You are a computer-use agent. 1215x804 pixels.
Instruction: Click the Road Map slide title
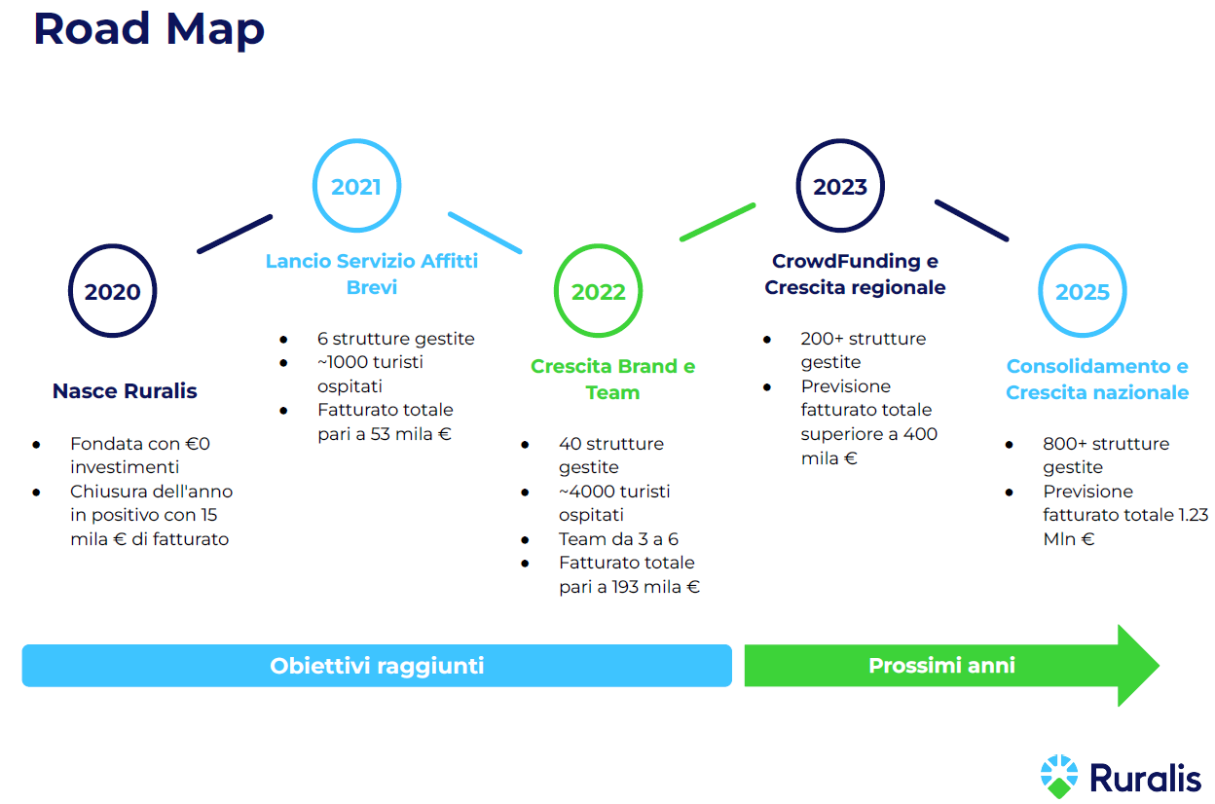(x=149, y=30)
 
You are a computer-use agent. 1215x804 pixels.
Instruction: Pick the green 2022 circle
(x=599, y=245)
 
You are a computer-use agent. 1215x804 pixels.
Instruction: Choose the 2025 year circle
(x=1083, y=245)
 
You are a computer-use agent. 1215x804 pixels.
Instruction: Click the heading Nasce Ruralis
(x=125, y=391)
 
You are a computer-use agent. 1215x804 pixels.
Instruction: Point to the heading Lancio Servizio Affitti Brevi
(x=372, y=274)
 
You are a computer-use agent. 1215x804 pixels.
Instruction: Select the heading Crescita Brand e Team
(x=613, y=379)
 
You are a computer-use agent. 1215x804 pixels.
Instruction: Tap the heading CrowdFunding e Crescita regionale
(x=855, y=274)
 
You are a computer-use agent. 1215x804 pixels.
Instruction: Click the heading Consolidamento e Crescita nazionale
(x=1097, y=379)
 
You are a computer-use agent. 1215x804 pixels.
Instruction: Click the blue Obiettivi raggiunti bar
(x=377, y=665)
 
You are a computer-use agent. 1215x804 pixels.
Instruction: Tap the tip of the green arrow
(x=1160, y=665)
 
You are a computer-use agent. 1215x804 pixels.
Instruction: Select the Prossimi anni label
(x=941, y=665)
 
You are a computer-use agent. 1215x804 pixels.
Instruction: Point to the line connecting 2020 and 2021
(x=235, y=235)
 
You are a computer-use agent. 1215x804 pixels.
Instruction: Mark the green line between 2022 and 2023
(x=718, y=222)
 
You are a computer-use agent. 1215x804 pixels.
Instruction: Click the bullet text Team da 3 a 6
(x=618, y=539)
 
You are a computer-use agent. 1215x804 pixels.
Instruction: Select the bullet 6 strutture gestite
(x=396, y=339)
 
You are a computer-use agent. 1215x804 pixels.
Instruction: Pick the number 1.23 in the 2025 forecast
(x=1194, y=515)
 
